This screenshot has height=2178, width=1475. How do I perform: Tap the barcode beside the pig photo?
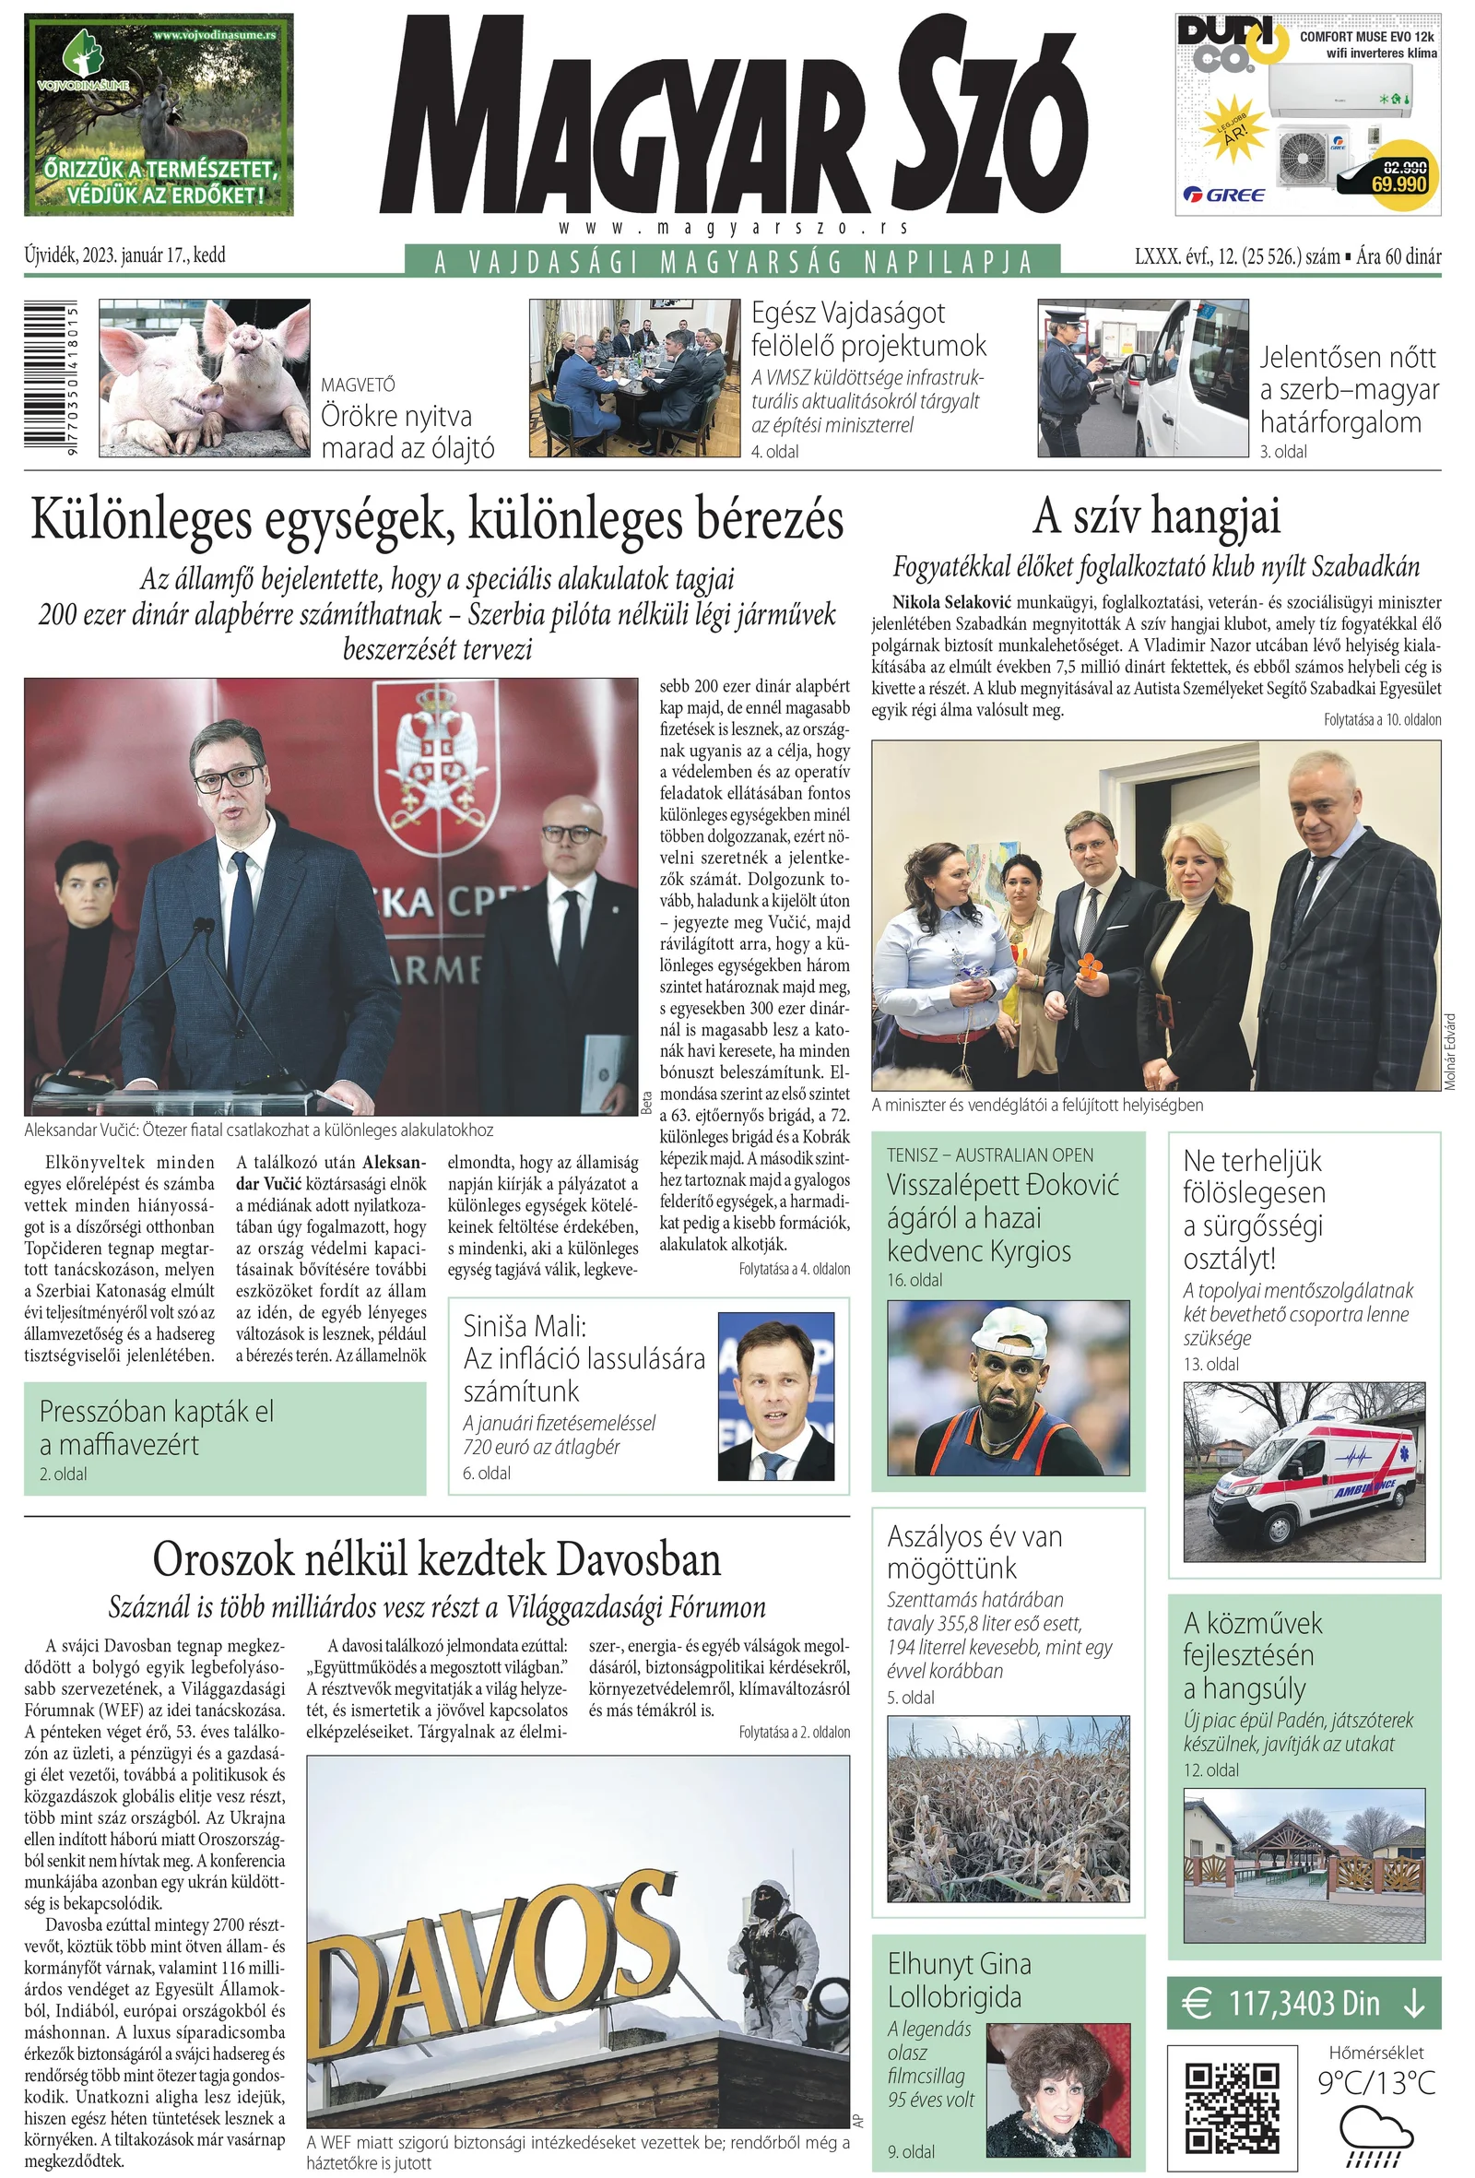[52, 378]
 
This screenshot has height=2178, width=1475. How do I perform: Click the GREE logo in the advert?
[1224, 195]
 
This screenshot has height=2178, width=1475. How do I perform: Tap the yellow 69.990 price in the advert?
[1398, 183]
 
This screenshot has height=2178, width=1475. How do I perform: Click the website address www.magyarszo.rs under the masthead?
[734, 228]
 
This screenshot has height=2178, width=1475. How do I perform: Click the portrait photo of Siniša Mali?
[775, 1395]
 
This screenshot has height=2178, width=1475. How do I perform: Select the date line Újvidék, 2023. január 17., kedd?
[124, 255]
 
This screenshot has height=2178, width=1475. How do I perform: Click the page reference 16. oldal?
[914, 1280]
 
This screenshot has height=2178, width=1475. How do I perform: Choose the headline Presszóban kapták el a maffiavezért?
[157, 1427]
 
